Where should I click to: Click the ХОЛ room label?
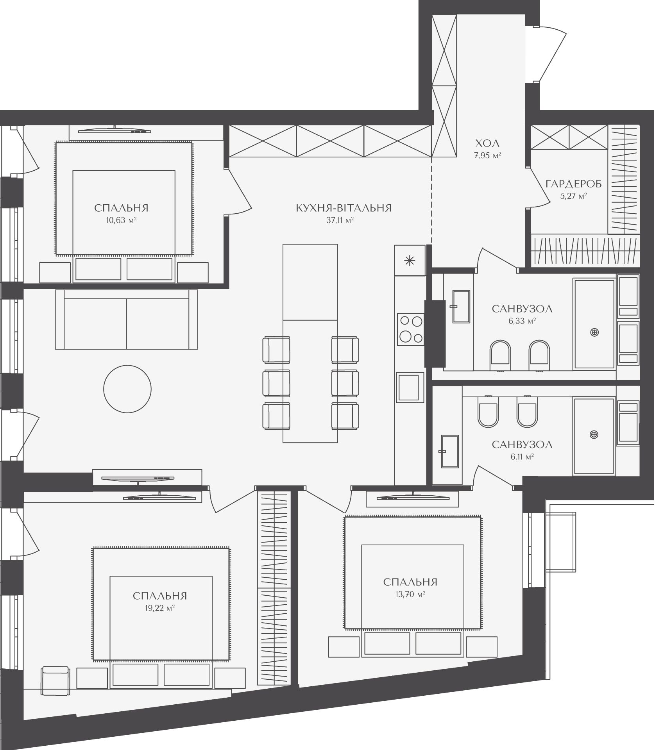point(487,143)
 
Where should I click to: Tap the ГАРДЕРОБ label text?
point(574,184)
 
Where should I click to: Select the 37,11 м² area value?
point(340,220)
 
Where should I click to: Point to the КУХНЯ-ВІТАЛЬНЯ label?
point(344,208)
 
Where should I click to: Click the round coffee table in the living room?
point(127,388)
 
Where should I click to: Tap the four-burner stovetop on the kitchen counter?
point(411,330)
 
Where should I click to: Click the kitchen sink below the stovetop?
point(410,387)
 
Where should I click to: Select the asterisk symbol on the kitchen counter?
point(410,261)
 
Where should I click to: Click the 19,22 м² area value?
point(159,608)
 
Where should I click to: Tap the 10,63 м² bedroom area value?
point(121,220)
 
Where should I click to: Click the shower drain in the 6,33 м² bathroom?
point(594,332)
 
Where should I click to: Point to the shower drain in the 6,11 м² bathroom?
point(594,434)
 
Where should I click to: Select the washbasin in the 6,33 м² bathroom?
point(461,306)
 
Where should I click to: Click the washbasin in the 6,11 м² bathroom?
point(449,451)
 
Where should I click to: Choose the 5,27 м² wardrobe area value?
point(574,196)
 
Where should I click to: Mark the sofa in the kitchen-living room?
point(127,319)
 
